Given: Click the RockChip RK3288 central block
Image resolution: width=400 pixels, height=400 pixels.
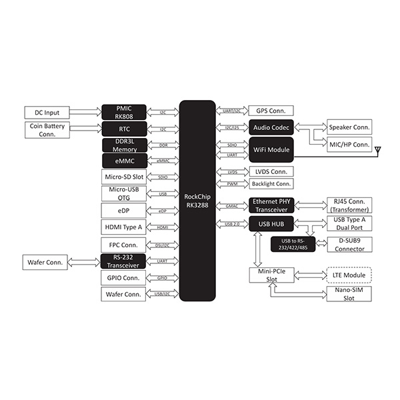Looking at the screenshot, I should point(197,200).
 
